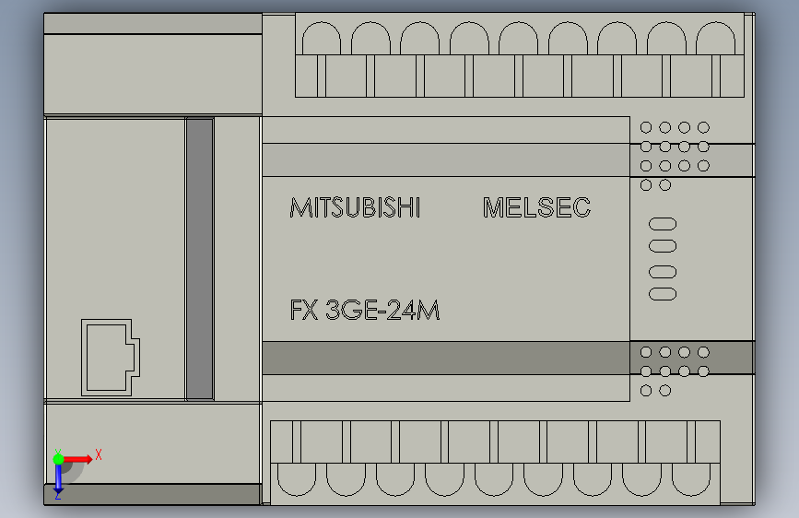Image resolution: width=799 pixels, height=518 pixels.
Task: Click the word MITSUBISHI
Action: (355, 208)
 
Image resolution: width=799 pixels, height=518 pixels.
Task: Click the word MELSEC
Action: (536, 208)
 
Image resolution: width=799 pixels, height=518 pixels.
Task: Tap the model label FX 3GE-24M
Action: (365, 311)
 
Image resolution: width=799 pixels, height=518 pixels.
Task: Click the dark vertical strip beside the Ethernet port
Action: (199, 258)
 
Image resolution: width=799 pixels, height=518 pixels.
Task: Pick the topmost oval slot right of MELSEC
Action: (663, 224)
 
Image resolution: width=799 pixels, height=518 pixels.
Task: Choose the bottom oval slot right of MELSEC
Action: (663, 294)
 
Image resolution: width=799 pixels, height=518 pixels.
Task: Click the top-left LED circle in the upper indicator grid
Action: (647, 127)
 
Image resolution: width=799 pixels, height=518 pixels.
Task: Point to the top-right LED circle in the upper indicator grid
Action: (703, 127)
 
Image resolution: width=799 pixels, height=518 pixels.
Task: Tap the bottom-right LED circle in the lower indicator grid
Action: (703, 371)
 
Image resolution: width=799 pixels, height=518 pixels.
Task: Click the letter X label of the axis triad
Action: (98, 454)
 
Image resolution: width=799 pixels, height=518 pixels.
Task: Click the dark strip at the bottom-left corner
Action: (153, 494)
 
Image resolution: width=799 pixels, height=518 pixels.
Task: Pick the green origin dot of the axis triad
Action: (58, 457)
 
